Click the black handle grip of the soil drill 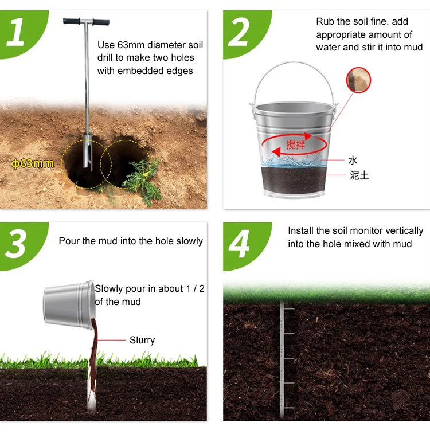[x=86, y=22]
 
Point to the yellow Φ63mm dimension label [x=33, y=163]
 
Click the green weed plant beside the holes [x=141, y=180]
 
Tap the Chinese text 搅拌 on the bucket [x=295, y=144]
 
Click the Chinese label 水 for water [x=353, y=160]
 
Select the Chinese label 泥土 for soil [x=359, y=175]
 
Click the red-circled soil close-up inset [x=359, y=80]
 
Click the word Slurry [x=142, y=340]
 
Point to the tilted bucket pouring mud [x=69, y=304]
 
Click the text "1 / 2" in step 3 [x=195, y=288]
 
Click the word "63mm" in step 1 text [x=132, y=45]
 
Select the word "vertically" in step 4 [x=404, y=230]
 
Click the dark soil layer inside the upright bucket [x=292, y=181]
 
